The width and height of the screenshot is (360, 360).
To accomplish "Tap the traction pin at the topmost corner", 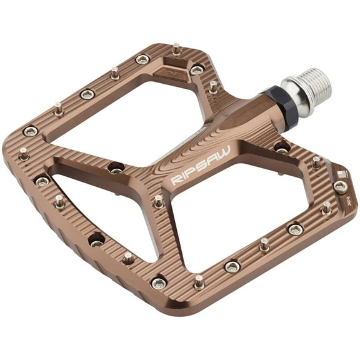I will (177, 48).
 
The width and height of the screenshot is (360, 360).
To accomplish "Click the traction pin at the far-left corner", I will (24, 153).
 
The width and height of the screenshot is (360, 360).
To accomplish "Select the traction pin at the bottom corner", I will (199, 282).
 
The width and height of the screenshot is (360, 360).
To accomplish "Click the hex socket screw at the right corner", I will (340, 187).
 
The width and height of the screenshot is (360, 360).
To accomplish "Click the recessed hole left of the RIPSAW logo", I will (116, 167).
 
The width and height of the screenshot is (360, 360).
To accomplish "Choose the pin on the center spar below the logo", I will (159, 201).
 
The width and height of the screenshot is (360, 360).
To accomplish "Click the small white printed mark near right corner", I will (341, 176).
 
